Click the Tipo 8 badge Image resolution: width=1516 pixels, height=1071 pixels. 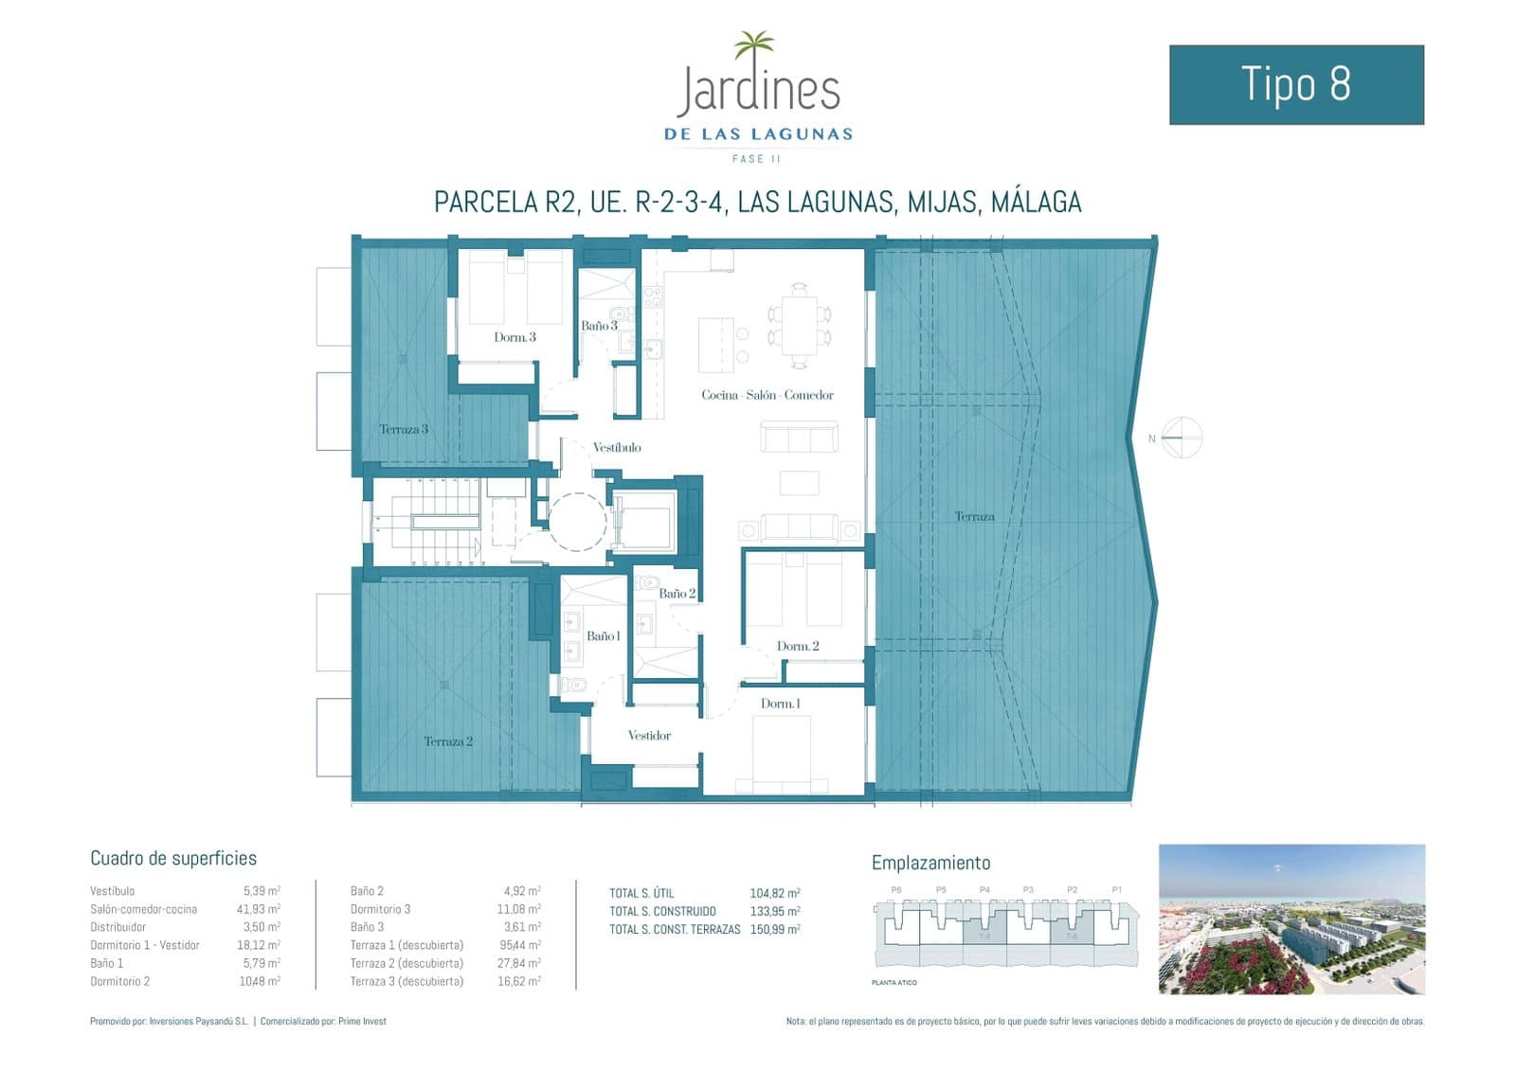point(1295,84)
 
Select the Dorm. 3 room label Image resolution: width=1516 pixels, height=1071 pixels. point(514,337)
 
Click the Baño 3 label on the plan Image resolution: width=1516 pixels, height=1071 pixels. point(599,326)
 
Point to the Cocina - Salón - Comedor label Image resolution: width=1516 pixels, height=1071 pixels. point(767,395)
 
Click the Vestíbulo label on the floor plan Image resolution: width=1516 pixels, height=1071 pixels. point(617,447)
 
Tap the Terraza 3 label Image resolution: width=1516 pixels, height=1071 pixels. point(404,429)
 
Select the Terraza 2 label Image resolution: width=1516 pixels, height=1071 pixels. point(448,741)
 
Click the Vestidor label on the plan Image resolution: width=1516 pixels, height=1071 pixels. point(649,736)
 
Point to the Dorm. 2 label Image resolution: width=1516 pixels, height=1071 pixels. point(798,646)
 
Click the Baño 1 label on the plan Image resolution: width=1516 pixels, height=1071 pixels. point(604,636)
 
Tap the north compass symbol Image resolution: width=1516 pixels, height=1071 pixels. point(1181,437)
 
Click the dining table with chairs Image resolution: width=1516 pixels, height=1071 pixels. point(800,326)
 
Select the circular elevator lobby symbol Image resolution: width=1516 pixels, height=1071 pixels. point(577,521)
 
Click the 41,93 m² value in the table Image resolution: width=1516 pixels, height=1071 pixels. point(261,909)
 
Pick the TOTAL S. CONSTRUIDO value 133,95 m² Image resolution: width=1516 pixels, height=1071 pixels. point(774,911)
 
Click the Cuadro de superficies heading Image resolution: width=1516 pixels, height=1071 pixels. point(173,858)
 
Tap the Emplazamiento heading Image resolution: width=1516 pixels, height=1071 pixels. point(930,863)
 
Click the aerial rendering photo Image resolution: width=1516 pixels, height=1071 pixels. point(1291,919)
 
